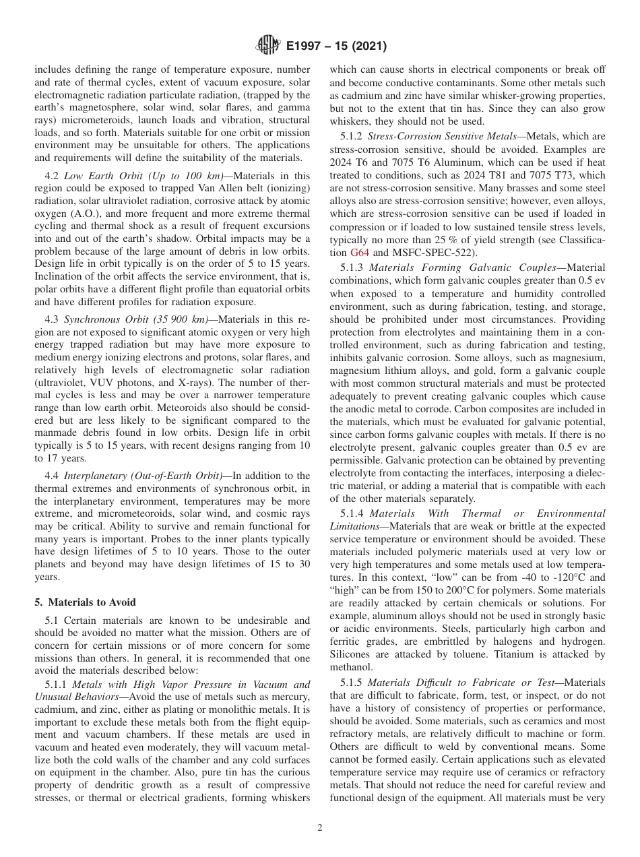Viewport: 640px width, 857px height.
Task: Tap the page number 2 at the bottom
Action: pyautogui.click(x=320, y=828)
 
